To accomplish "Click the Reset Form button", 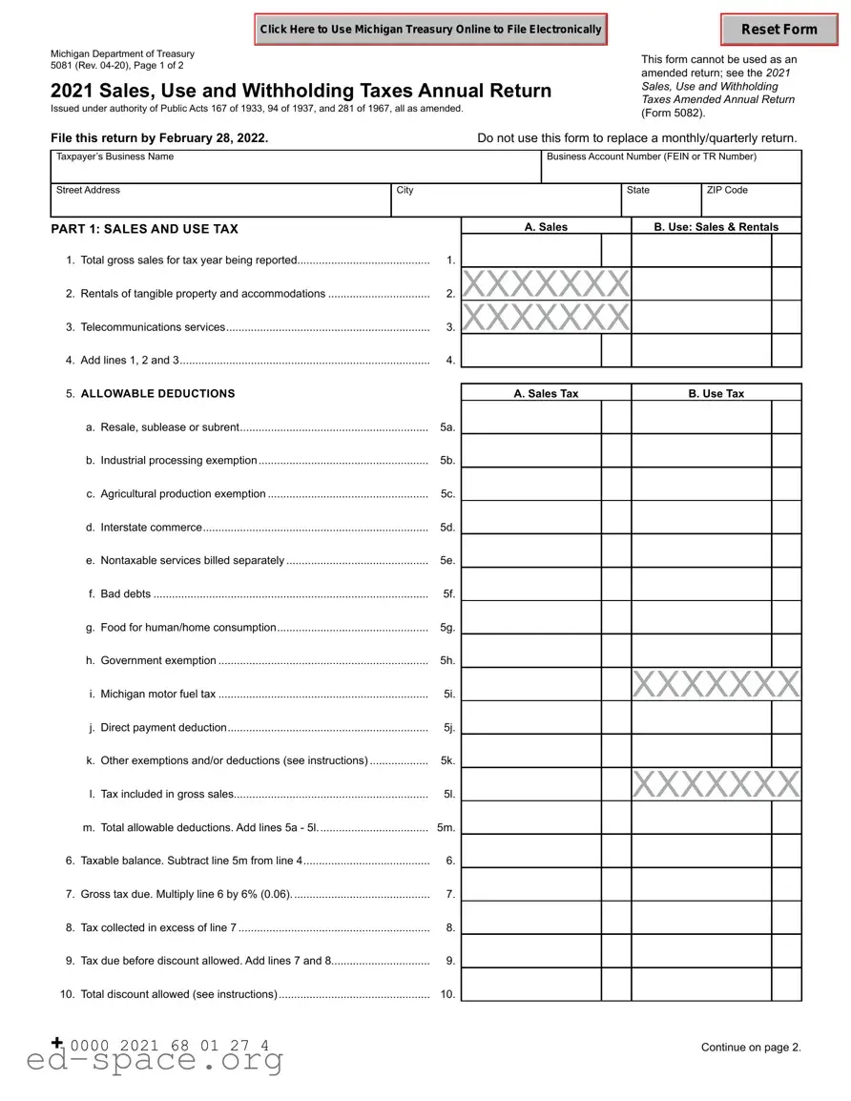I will click(x=778, y=30).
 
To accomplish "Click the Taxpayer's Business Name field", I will click(x=296, y=168).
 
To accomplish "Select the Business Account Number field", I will click(x=672, y=168).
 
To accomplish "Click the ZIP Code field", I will click(x=752, y=201).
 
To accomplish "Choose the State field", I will click(x=661, y=201).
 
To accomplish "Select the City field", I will click(x=506, y=201).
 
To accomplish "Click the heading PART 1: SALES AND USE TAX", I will click(x=145, y=229).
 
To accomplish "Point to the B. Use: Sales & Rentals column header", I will click(x=716, y=227).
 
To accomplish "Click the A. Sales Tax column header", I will click(x=546, y=393).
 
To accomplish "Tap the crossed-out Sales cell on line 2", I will click(x=546, y=284).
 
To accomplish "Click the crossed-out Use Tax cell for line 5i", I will click(x=716, y=684).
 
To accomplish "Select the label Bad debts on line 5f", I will click(x=125, y=594).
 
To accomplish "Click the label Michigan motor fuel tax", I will click(x=157, y=695).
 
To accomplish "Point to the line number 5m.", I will click(x=446, y=828).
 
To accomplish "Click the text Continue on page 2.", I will click(x=751, y=1048).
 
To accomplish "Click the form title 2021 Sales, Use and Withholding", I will click(x=301, y=92).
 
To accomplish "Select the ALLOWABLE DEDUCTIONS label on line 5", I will click(x=157, y=394).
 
